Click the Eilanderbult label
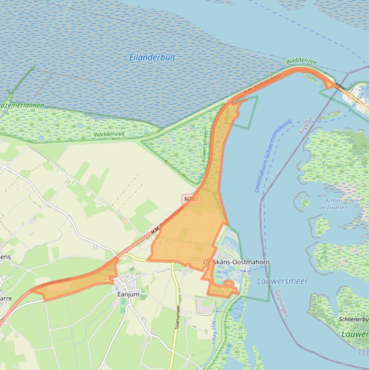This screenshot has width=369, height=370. (152, 57)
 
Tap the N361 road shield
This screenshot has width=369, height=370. (191, 198)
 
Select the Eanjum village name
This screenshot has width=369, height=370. (128, 294)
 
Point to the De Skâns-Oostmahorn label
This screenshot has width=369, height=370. (236, 262)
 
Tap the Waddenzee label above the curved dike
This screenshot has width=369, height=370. (301, 61)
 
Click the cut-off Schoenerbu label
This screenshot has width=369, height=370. (354, 319)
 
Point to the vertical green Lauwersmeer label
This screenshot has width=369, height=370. (204, 147)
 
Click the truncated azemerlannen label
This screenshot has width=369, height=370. (22, 105)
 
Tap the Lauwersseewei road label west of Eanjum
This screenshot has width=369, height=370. (53, 282)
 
